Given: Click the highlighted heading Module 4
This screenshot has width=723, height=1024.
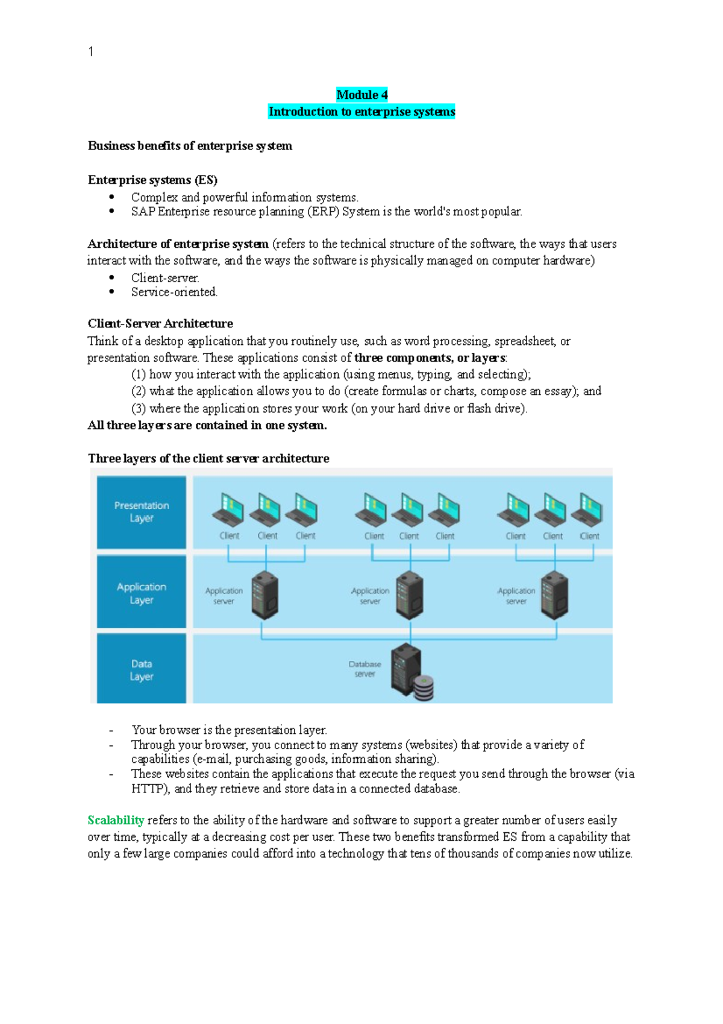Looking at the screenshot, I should click(x=361, y=95).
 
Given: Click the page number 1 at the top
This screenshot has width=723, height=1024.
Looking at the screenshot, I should click(x=91, y=52).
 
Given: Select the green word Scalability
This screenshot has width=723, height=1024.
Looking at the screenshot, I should click(x=116, y=820).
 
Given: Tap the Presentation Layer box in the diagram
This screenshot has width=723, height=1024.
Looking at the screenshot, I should click(x=142, y=512).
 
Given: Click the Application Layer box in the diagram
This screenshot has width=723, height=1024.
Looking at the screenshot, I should click(x=142, y=593).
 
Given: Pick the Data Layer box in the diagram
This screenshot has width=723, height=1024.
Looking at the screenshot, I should click(x=142, y=669).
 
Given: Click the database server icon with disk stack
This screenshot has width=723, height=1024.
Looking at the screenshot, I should click(x=411, y=672).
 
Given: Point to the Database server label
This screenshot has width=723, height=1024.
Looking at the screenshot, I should click(x=365, y=669).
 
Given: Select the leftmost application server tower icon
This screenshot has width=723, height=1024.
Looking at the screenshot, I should click(x=264, y=595).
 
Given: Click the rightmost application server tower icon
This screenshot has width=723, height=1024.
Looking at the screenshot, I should click(x=554, y=595).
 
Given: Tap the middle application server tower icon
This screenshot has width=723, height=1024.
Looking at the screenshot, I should click(x=410, y=595).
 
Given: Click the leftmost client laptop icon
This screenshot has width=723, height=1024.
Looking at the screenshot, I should click(x=228, y=510).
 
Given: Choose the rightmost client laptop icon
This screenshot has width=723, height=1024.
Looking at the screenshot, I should click(x=587, y=510).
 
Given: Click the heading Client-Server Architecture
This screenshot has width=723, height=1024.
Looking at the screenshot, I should click(x=160, y=324).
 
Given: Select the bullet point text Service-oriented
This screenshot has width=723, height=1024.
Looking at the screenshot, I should click(x=174, y=292).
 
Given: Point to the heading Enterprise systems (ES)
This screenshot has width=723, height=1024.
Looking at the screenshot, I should click(x=152, y=180).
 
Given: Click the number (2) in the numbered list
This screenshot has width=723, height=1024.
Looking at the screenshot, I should click(x=139, y=391).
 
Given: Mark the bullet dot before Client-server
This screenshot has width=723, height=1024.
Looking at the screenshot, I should click(x=112, y=277).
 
